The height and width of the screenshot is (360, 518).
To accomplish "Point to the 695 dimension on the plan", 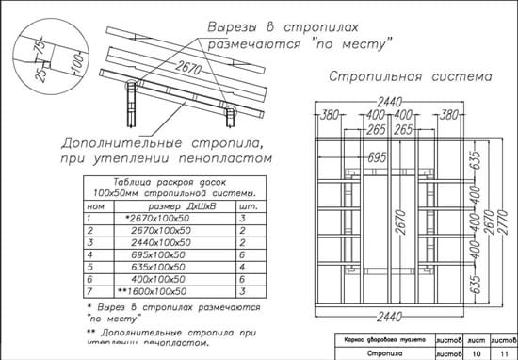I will pyautogui.click(x=377, y=155).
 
